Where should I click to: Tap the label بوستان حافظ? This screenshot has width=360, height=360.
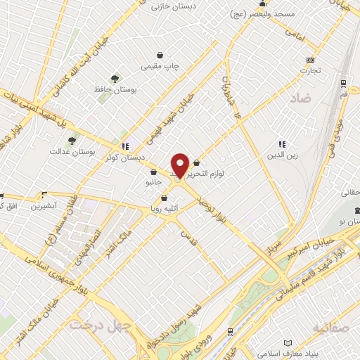(115, 89)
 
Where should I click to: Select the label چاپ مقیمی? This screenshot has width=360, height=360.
(161, 66)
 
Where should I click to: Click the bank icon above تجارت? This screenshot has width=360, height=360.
(310, 60)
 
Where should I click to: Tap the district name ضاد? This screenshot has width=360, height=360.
(298, 99)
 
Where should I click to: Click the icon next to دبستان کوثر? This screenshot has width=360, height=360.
(125, 146)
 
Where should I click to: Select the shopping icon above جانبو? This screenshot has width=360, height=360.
(153, 171)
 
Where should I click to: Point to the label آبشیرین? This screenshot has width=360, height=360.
(45, 206)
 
